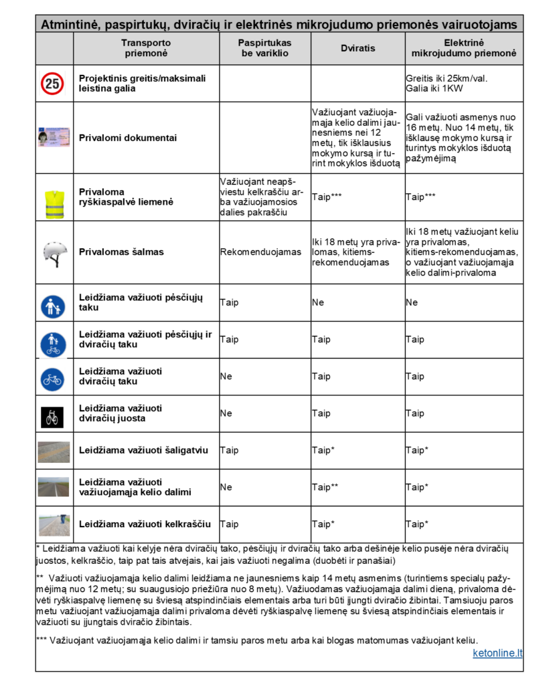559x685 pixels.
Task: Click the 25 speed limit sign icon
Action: (x=53, y=83)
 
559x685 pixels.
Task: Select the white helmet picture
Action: (x=54, y=253)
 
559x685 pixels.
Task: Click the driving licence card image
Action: (x=54, y=138)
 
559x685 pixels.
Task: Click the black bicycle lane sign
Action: (x=54, y=417)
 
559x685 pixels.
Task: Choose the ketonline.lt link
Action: (x=497, y=652)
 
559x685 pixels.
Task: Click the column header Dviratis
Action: (x=357, y=48)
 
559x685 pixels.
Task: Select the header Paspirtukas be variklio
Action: (x=265, y=48)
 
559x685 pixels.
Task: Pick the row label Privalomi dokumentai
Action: (x=128, y=138)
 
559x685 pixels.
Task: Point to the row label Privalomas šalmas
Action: (x=121, y=252)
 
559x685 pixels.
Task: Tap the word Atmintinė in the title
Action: (x=71, y=25)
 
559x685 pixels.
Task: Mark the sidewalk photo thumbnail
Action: (x=54, y=452)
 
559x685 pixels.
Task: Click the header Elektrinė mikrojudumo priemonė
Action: (x=464, y=48)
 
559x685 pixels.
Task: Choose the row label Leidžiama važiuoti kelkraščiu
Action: (x=145, y=524)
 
